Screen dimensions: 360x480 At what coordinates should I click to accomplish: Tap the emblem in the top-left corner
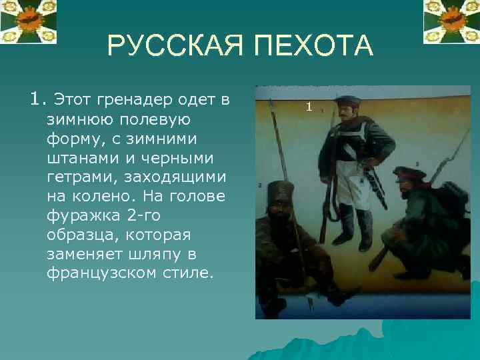[x=28, y=20]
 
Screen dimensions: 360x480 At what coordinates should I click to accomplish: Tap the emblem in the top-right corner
[x=451, y=20]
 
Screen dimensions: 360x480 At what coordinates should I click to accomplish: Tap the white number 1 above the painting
[x=309, y=107]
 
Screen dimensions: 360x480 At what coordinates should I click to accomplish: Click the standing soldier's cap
[x=347, y=101]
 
